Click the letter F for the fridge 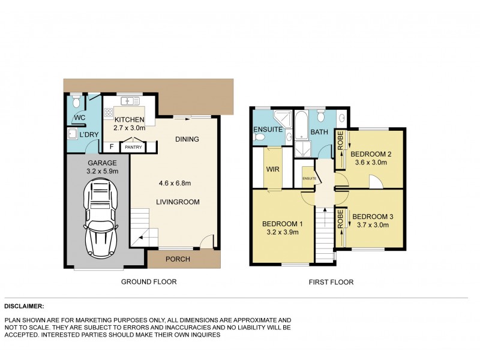[x=111, y=146]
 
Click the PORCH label [x=178, y=259]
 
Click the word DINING [x=187, y=139]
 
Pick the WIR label [x=272, y=169]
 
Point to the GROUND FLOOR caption [x=149, y=282]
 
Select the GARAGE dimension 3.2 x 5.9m [x=99, y=171]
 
